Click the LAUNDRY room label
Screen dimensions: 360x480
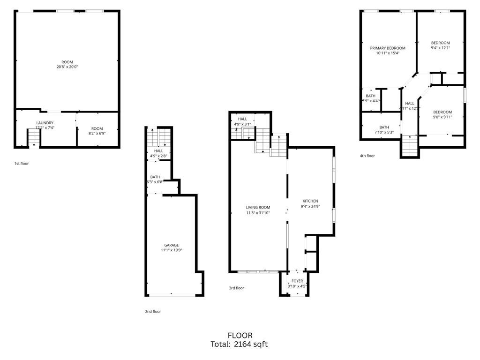point(45,123)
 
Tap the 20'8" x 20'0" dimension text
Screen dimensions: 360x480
point(67,67)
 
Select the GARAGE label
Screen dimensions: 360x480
point(172,245)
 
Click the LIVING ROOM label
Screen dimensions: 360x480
point(258,207)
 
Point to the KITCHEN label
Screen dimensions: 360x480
point(310,201)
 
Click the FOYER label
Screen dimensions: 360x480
point(297,281)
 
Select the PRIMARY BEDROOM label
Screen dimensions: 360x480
point(388,48)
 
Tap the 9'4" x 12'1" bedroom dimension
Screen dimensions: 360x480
point(440,48)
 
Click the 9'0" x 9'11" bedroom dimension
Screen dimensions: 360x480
point(442,117)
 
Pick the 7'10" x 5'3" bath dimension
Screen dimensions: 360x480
point(384,132)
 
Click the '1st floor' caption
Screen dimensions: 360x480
point(22,164)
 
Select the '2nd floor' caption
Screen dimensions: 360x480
point(153,311)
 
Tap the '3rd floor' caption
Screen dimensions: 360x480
point(236,288)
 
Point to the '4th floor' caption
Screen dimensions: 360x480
point(367,156)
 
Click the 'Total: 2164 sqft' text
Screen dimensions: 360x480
point(240,345)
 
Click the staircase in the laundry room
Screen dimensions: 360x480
point(34,137)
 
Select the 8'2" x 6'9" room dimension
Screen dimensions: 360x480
point(97,134)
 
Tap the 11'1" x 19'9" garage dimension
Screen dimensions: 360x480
point(172,250)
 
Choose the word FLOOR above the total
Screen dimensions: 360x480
point(240,336)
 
